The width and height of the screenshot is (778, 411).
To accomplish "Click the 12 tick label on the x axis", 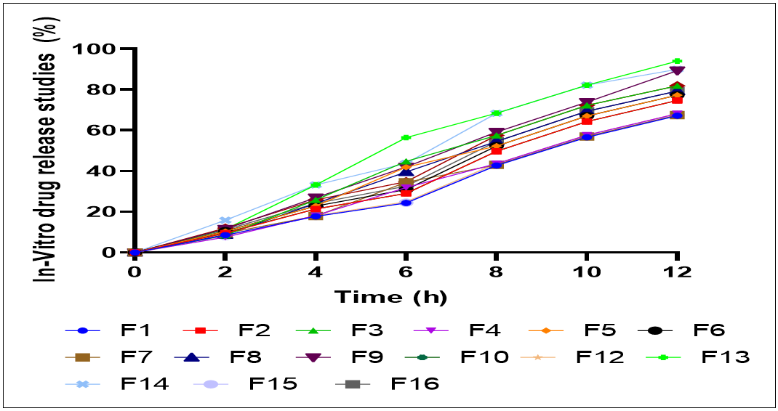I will pos(676,272).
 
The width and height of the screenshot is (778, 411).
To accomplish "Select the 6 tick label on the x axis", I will pos(406,272).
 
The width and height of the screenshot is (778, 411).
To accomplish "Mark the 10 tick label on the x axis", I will pos(586,272).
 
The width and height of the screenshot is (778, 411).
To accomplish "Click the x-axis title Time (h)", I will pos(390,297).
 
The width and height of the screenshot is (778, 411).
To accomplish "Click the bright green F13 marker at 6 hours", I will pos(406,137).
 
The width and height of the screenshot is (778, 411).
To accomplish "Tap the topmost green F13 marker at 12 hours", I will pos(677,61).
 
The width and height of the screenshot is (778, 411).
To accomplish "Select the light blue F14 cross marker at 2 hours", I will pos(225,220).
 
